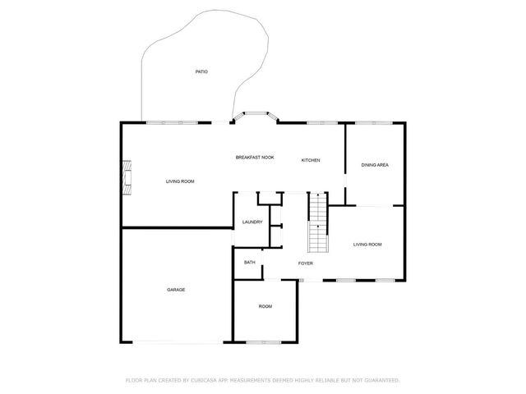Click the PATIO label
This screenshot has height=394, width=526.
coord(201,72)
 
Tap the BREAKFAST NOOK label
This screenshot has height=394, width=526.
coord(255,158)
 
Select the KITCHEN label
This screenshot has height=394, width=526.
coord(310,160)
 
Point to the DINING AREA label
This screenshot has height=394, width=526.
coord(375,165)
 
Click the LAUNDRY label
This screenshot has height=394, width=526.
coord(252,222)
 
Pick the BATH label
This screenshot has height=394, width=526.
coord(249,263)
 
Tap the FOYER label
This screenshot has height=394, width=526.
coord(305,263)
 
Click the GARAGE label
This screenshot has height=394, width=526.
coord(176,290)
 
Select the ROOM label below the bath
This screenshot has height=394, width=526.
coord(265,306)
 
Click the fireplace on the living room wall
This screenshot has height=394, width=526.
coord(126,177)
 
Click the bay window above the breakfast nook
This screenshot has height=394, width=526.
coord(255,116)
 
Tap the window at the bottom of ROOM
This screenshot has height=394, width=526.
coord(265,341)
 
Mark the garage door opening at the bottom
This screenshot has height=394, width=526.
coord(177,341)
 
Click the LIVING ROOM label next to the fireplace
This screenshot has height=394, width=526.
coord(180,181)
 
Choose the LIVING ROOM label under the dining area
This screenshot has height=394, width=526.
coord(367,245)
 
